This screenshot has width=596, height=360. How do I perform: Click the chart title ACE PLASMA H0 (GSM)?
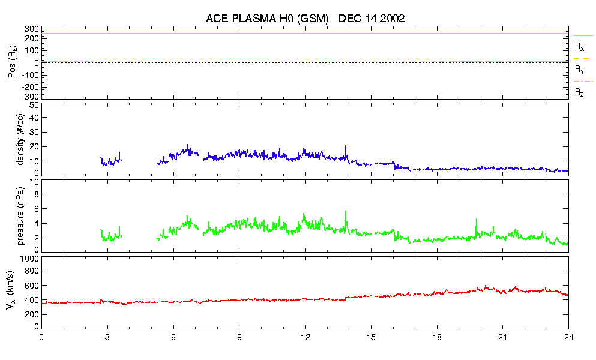tap(267, 19)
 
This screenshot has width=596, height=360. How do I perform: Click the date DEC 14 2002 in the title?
tap(372, 19)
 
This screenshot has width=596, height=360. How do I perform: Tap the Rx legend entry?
tap(579, 46)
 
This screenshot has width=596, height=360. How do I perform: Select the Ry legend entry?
tap(579, 70)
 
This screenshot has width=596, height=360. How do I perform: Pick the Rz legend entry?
tap(579, 92)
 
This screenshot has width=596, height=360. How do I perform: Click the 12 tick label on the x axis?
tap(305, 337)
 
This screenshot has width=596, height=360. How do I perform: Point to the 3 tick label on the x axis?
tap(107, 337)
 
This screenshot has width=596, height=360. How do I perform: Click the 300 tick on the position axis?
tap(31, 29)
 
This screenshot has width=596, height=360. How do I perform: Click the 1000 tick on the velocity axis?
tap(29, 259)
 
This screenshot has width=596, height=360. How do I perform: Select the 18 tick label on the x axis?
tap(437, 337)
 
